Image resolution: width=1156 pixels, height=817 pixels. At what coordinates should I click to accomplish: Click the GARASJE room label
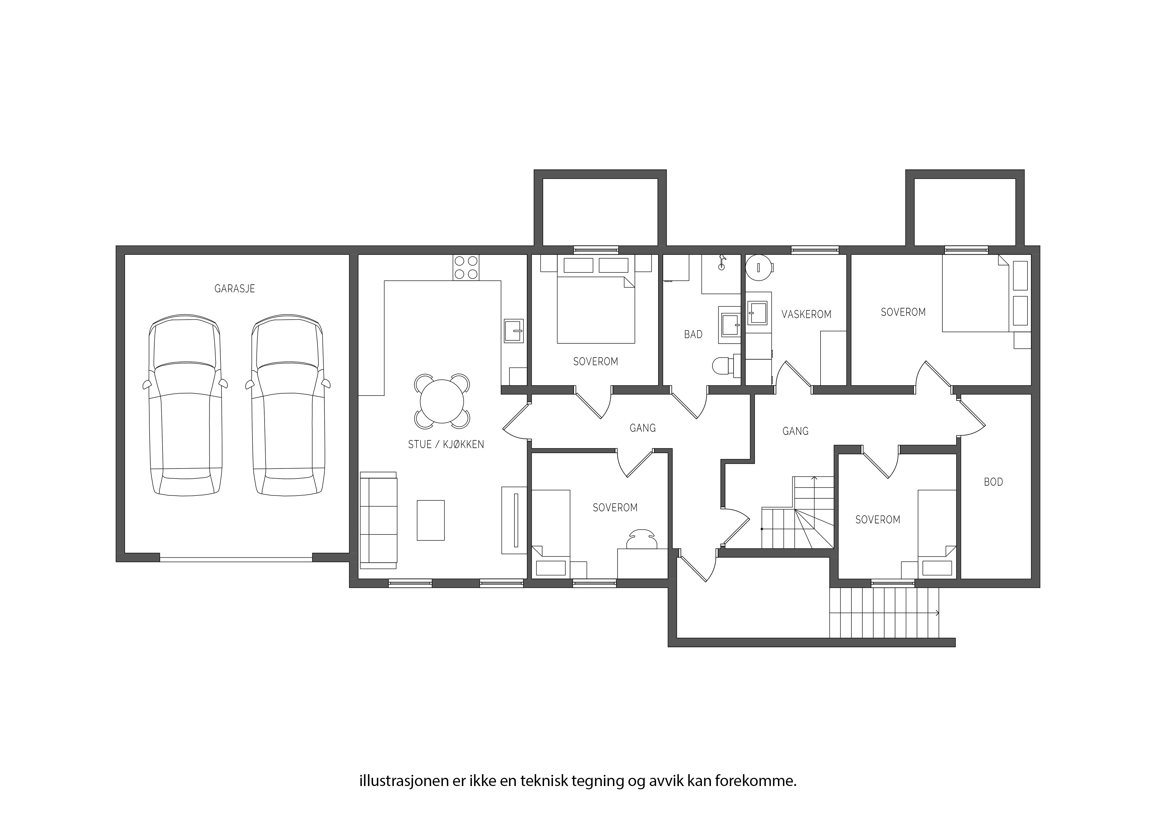pos(235,289)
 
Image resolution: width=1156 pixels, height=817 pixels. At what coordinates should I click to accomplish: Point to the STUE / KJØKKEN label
pos(446,444)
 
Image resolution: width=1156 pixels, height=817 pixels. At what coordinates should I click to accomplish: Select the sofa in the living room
pos(379,520)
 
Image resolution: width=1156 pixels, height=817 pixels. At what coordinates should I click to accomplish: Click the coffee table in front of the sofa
pos(430,520)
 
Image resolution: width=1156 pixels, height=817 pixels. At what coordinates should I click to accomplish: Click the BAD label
pos(693,334)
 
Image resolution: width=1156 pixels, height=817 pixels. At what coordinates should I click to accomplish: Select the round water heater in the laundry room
pos(758,267)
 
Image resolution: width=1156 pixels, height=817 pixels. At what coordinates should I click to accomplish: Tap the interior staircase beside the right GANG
pos(797,513)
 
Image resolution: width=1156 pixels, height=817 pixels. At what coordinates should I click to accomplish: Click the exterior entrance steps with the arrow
pos(884,613)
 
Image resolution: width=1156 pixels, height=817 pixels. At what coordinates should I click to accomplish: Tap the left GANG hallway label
pos(643,428)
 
